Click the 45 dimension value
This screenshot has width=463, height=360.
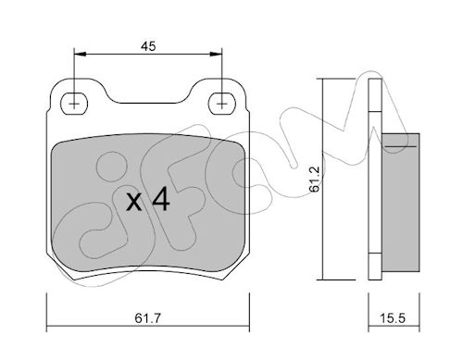tap(148, 46)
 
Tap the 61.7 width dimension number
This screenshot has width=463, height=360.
tap(148, 318)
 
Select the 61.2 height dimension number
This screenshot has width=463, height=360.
tap(315, 180)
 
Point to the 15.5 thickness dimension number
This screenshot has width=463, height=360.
tap(392, 318)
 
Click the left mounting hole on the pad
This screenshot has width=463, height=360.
tap(74, 104)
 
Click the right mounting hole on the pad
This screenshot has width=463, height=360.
tap(222, 104)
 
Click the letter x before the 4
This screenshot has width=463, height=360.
tap(134, 203)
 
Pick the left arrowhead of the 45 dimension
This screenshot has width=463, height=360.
tap(81, 55)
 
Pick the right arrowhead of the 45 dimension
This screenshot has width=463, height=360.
tap(216, 55)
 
